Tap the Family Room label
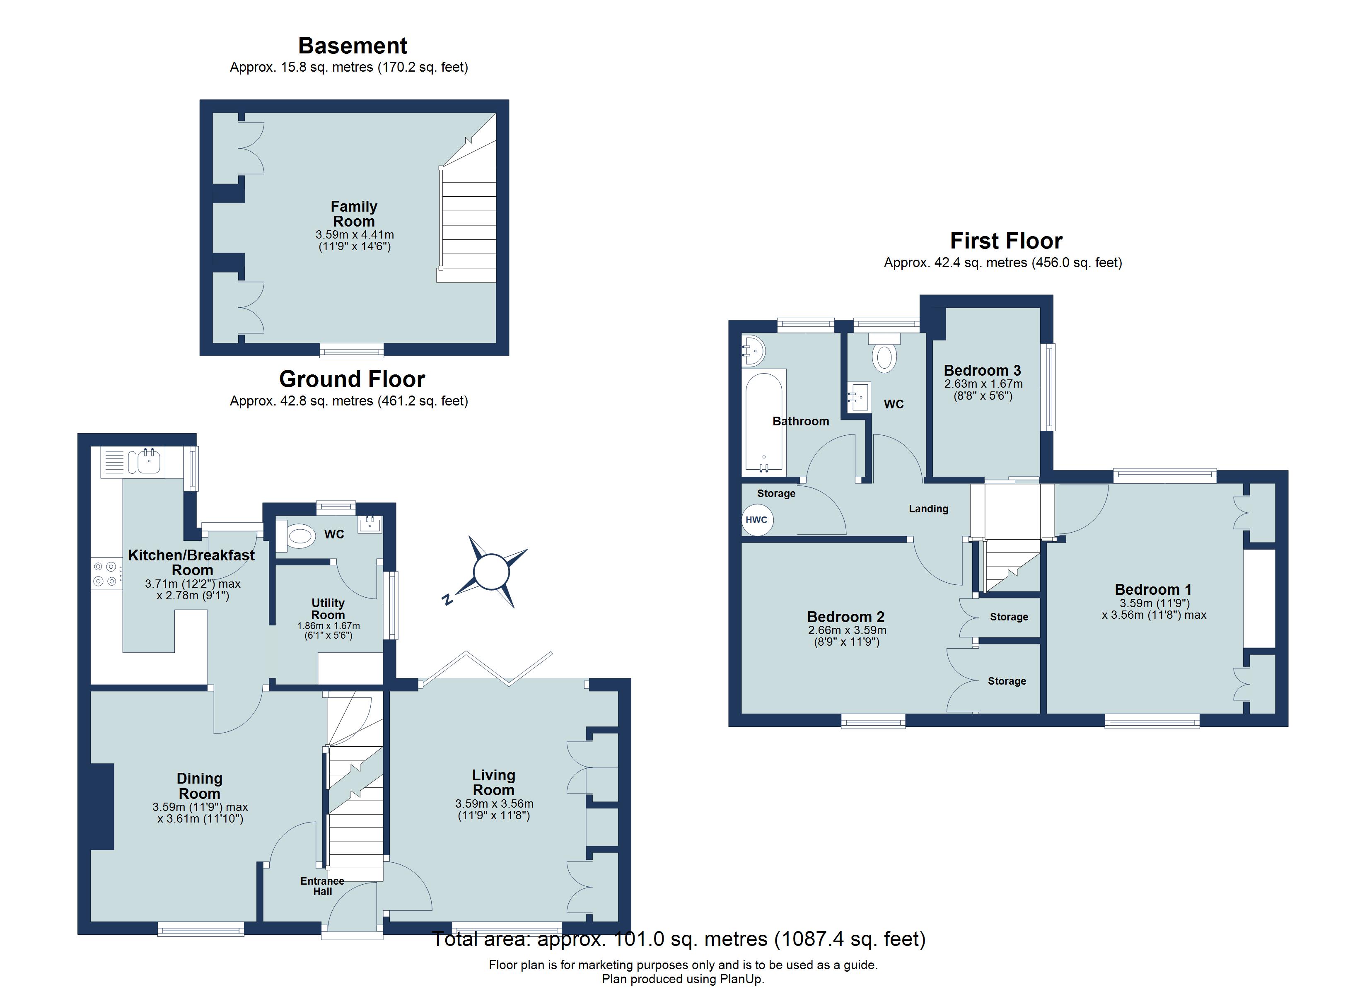(x=354, y=214)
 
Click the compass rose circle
(x=492, y=571)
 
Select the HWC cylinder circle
(x=757, y=520)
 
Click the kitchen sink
(x=148, y=462)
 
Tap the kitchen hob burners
(x=105, y=574)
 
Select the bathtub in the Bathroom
(x=764, y=421)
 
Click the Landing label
(x=928, y=509)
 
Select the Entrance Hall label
(x=322, y=886)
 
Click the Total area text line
(x=679, y=939)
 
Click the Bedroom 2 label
(x=845, y=617)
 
